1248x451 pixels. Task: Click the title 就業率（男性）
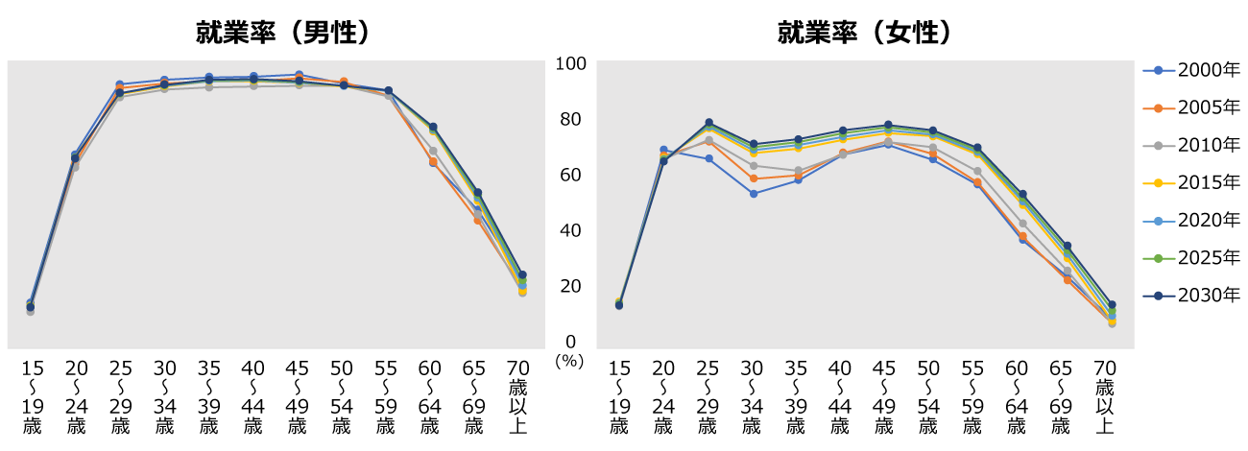283,33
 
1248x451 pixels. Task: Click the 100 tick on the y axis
570,63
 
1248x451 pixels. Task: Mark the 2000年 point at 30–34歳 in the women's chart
753,194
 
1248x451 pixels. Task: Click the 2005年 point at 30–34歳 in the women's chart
753,178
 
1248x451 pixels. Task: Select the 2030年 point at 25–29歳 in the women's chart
708,123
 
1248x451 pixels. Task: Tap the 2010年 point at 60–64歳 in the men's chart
433,151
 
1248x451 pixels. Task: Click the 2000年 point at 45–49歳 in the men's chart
299,75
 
